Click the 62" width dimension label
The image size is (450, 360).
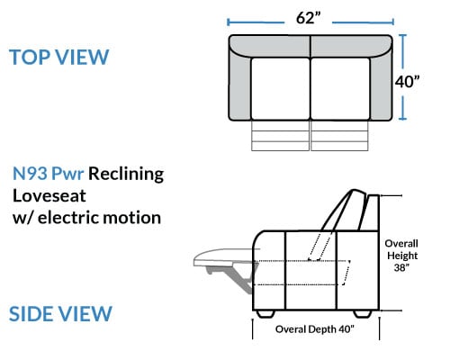309,18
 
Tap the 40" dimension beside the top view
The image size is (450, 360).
407,81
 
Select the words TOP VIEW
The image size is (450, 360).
58,57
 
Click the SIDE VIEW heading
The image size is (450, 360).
60,314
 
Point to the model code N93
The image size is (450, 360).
30,174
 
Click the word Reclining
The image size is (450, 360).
126,174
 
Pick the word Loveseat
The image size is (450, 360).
49,196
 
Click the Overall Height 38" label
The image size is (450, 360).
401,256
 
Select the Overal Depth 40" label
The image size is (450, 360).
315,329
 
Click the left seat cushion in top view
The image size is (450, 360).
281,89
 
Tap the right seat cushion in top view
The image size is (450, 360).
340,89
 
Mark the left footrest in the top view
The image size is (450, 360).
280,136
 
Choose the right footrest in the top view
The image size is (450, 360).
339,136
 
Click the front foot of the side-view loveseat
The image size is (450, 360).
265,314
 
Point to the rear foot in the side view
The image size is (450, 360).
363,314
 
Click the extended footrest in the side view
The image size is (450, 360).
223,257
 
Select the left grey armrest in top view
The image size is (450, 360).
240,87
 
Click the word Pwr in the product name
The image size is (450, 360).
67,174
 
